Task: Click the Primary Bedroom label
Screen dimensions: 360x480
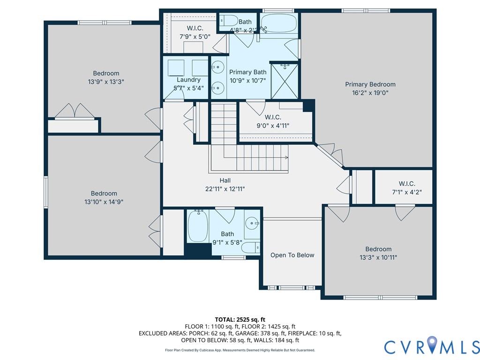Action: click(x=370, y=84)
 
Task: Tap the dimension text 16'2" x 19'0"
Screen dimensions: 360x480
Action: click(x=370, y=93)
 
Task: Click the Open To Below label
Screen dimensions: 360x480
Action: click(x=292, y=255)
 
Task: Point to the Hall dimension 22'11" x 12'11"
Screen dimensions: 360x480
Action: click(x=225, y=189)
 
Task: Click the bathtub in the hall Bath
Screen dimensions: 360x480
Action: click(x=197, y=226)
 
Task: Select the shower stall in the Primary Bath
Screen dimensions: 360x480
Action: click(x=284, y=81)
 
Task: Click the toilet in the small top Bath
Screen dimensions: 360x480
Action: click(x=229, y=21)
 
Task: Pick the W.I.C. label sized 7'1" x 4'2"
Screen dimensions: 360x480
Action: click(x=407, y=184)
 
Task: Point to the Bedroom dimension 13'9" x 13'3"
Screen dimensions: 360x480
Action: click(x=106, y=82)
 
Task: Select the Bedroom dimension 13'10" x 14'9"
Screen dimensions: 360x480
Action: click(x=104, y=202)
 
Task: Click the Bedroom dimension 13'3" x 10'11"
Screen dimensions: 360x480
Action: click(x=378, y=257)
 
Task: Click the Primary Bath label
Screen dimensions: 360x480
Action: click(x=247, y=72)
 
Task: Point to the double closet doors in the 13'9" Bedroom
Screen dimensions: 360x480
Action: click(x=74, y=111)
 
